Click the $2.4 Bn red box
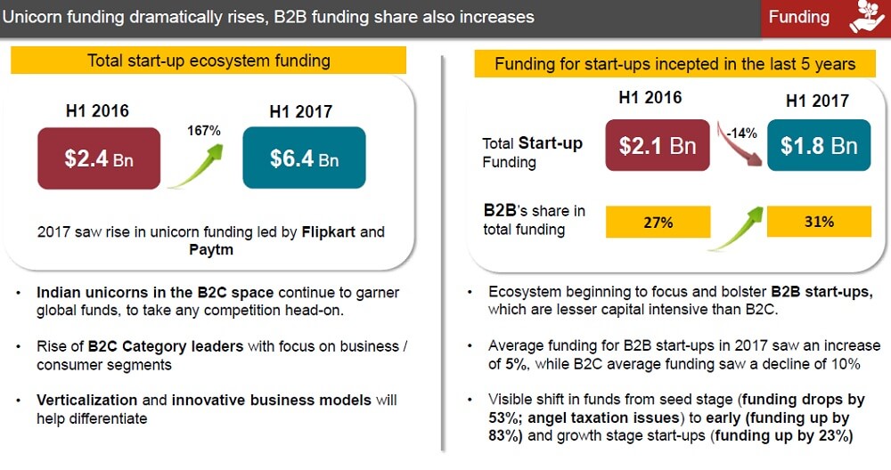99,158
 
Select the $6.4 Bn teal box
304,158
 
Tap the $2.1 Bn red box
658,145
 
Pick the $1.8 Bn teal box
819,146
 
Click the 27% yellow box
658,223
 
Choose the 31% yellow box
818,222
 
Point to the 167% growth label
203,130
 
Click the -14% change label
740,133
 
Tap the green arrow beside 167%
196,166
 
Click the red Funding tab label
798,17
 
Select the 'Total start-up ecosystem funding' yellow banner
208,61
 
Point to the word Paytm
211,250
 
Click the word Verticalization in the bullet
86,401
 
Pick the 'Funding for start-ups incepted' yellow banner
674,64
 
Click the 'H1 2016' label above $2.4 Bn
97,111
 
